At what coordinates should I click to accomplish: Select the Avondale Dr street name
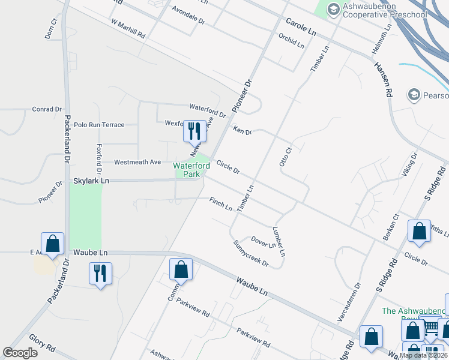(188, 16)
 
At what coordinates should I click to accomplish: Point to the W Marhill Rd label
(128, 28)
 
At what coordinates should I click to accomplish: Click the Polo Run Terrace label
(99, 125)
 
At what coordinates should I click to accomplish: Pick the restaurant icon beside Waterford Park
(194, 131)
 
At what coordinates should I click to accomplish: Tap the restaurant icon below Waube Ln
(100, 274)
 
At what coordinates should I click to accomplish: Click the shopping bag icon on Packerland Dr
(52, 244)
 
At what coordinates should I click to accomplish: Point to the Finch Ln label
(220, 204)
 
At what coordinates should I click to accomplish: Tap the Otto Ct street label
(285, 157)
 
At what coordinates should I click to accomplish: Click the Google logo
(20, 352)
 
